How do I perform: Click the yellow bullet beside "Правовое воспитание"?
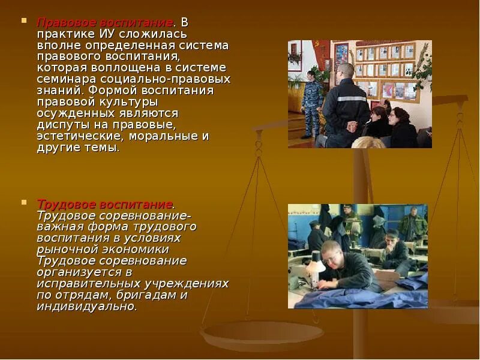pyautogui.click(x=24, y=21)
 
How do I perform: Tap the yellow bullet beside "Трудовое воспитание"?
pyautogui.click(x=24, y=203)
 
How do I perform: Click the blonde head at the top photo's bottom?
pyautogui.click(x=368, y=143)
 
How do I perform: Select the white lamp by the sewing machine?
pyautogui.click(x=316, y=259)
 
